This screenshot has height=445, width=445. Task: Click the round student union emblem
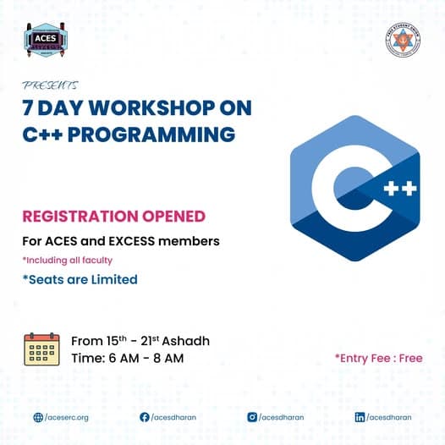(402, 41)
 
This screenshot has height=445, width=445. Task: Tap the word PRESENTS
(51, 85)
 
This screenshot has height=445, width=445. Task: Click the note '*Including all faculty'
(67, 260)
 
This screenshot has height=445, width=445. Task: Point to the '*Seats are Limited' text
(80, 279)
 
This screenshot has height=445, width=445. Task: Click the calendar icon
(41, 349)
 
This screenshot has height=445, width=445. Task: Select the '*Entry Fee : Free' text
(378, 358)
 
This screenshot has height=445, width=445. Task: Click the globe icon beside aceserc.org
(38, 417)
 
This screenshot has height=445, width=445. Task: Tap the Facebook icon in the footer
(145, 417)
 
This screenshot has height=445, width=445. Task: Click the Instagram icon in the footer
(252, 417)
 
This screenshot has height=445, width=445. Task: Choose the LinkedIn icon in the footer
(360, 417)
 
